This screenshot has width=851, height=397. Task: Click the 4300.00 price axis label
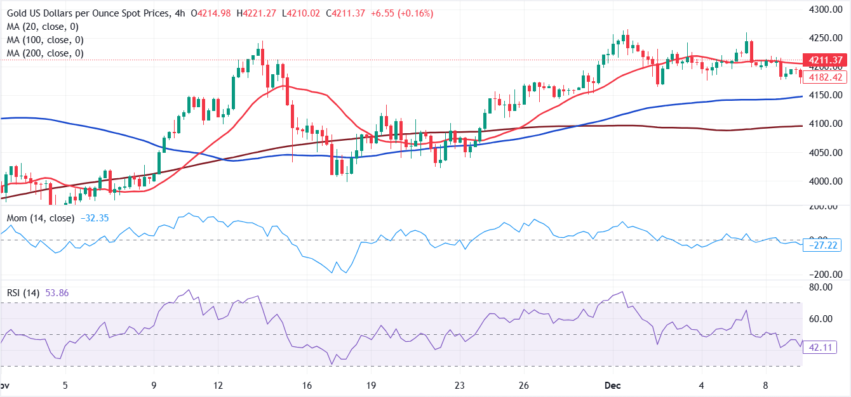(x=826, y=10)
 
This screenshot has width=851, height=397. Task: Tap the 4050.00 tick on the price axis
(x=826, y=152)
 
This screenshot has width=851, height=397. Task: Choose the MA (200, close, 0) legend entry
(x=45, y=53)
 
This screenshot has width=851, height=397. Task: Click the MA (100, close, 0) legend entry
(x=45, y=40)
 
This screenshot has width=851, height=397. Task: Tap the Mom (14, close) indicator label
(x=41, y=218)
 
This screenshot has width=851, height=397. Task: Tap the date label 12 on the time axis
(x=218, y=386)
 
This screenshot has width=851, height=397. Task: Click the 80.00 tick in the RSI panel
(x=828, y=287)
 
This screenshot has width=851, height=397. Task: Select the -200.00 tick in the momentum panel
(x=826, y=275)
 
